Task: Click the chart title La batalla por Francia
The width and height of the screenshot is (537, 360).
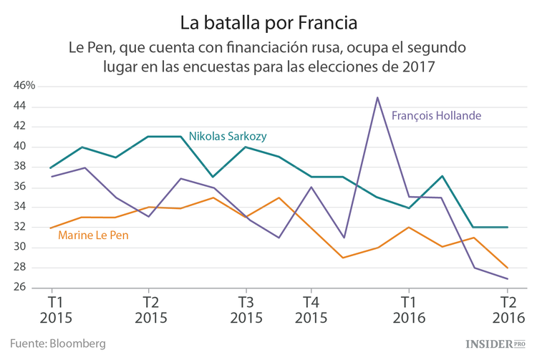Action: tap(268, 22)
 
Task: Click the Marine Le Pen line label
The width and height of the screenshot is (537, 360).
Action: tap(93, 235)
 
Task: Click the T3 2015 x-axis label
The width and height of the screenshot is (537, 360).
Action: tap(246, 309)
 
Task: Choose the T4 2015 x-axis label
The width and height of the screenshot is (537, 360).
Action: tap(311, 309)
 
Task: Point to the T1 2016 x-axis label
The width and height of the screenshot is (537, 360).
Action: tap(408, 309)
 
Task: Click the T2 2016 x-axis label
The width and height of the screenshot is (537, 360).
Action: tap(508, 309)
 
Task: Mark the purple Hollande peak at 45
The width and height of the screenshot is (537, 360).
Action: tap(377, 97)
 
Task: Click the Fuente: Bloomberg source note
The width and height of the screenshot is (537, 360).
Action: tap(57, 344)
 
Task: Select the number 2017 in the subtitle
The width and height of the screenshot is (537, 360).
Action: tap(420, 67)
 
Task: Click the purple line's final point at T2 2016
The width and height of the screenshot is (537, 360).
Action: tap(508, 278)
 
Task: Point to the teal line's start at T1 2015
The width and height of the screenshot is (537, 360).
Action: tap(51, 167)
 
